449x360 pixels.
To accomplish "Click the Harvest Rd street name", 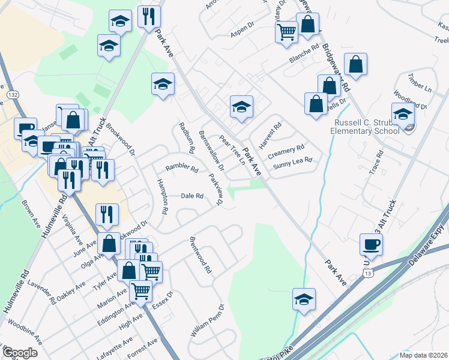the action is coord(270,136).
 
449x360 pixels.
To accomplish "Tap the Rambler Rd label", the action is coord(182,169).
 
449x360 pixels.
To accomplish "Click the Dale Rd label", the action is coord(192,196).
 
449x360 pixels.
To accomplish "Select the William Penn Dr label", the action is coord(207,320).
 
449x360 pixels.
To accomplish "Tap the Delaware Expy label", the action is coord(428,244).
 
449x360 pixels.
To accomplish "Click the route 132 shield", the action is coord(12,95).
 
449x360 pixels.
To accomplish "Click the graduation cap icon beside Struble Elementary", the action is coord(402,113).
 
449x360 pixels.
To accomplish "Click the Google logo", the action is coord(20,353).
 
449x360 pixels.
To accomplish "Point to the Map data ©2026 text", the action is coord(423,355).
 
